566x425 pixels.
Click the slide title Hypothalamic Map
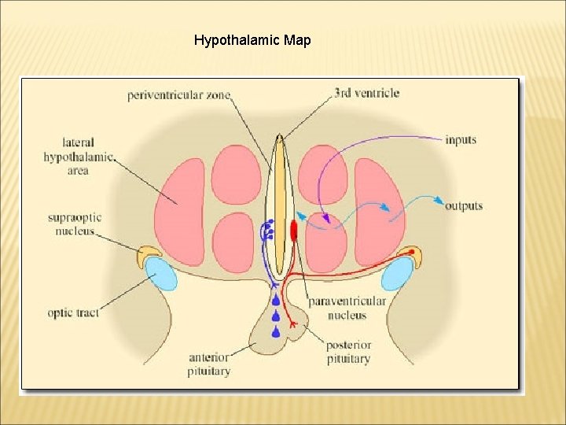click(x=252, y=39)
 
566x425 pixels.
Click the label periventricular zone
click(x=179, y=96)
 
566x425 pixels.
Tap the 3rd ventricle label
click(x=366, y=93)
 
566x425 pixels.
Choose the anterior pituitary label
click(x=209, y=363)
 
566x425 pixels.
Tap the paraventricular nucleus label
click(x=347, y=308)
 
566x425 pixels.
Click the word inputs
click(x=461, y=140)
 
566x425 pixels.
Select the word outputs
click(x=464, y=206)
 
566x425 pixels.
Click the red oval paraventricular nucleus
click(x=294, y=230)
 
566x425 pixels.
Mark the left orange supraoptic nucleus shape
click(x=148, y=254)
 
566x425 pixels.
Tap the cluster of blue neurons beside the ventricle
click(x=268, y=230)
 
